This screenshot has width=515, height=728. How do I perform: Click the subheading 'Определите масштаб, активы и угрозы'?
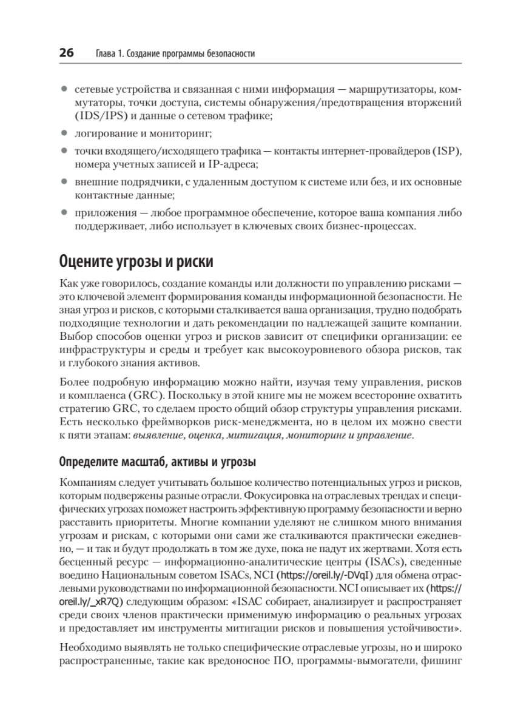click(x=157, y=462)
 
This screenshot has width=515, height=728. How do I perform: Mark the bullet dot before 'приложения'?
click(x=64, y=214)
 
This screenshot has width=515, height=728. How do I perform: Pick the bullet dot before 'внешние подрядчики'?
click(x=64, y=181)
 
